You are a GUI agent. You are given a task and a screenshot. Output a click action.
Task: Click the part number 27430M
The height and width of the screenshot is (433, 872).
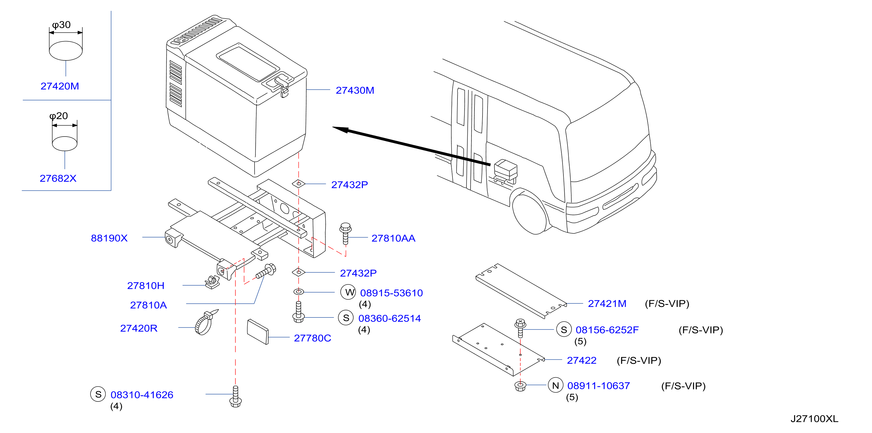pyautogui.click(x=355, y=90)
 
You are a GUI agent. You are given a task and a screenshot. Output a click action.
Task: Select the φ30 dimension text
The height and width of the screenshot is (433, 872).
pyautogui.click(x=61, y=25)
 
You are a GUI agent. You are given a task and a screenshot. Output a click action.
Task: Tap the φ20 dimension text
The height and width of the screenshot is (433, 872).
pyautogui.click(x=59, y=116)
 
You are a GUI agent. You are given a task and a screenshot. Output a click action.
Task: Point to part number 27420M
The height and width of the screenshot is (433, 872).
pyautogui.click(x=60, y=86)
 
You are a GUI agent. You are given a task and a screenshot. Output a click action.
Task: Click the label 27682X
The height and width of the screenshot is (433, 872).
pyautogui.click(x=58, y=178)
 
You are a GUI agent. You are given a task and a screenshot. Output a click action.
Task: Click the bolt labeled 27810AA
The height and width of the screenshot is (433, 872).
pyautogui.click(x=345, y=233)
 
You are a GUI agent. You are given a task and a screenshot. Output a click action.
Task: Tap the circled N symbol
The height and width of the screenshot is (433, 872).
pyautogui.click(x=556, y=385)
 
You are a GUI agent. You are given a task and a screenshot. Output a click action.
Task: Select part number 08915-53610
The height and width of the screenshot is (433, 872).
pyautogui.click(x=391, y=293)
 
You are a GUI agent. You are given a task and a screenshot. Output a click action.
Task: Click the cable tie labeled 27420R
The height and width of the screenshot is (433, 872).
pyautogui.click(x=206, y=322)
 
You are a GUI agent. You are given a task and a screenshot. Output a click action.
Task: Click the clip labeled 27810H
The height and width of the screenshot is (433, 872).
pyautogui.click(x=212, y=282)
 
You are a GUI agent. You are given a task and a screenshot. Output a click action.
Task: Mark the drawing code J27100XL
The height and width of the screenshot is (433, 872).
pyautogui.click(x=814, y=419)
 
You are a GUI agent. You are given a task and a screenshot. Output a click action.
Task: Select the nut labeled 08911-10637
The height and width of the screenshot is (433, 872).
pyautogui.click(x=520, y=386)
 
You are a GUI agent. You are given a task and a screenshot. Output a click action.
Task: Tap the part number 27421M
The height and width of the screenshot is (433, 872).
pyautogui.click(x=607, y=303)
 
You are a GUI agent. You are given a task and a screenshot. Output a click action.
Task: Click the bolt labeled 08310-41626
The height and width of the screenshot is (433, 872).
pyautogui.click(x=236, y=397)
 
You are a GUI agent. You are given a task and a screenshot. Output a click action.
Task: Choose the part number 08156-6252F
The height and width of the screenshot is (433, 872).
pyautogui.click(x=607, y=330)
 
